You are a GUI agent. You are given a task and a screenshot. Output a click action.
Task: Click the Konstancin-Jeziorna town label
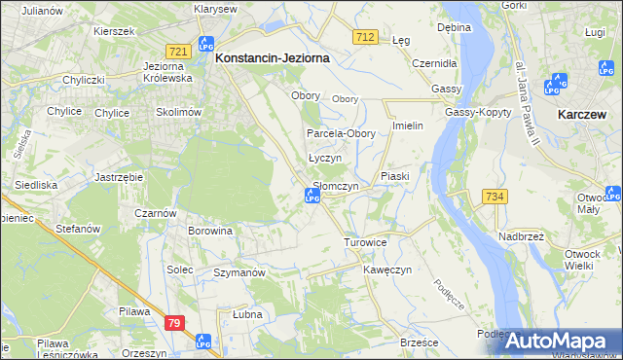(x=272, y=57)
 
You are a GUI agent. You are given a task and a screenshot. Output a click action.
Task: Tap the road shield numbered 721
(x=176, y=51)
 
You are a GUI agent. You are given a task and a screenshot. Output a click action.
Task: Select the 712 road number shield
(x=365, y=36)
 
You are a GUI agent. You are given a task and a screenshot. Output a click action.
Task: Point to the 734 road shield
(x=494, y=197)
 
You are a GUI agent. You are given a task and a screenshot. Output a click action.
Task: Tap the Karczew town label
(x=584, y=114)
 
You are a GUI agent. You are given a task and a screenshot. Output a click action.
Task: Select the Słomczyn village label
(x=335, y=186)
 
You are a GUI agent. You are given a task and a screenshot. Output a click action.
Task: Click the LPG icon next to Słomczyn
(x=311, y=198)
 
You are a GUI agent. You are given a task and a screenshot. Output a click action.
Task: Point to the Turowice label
(x=366, y=240)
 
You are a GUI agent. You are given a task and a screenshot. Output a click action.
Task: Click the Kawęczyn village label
(x=388, y=269)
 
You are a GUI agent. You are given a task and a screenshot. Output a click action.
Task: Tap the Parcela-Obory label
(x=334, y=133)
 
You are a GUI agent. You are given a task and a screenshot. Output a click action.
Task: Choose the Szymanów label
(x=239, y=273)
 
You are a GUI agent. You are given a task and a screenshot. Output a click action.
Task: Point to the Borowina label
(x=211, y=231)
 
